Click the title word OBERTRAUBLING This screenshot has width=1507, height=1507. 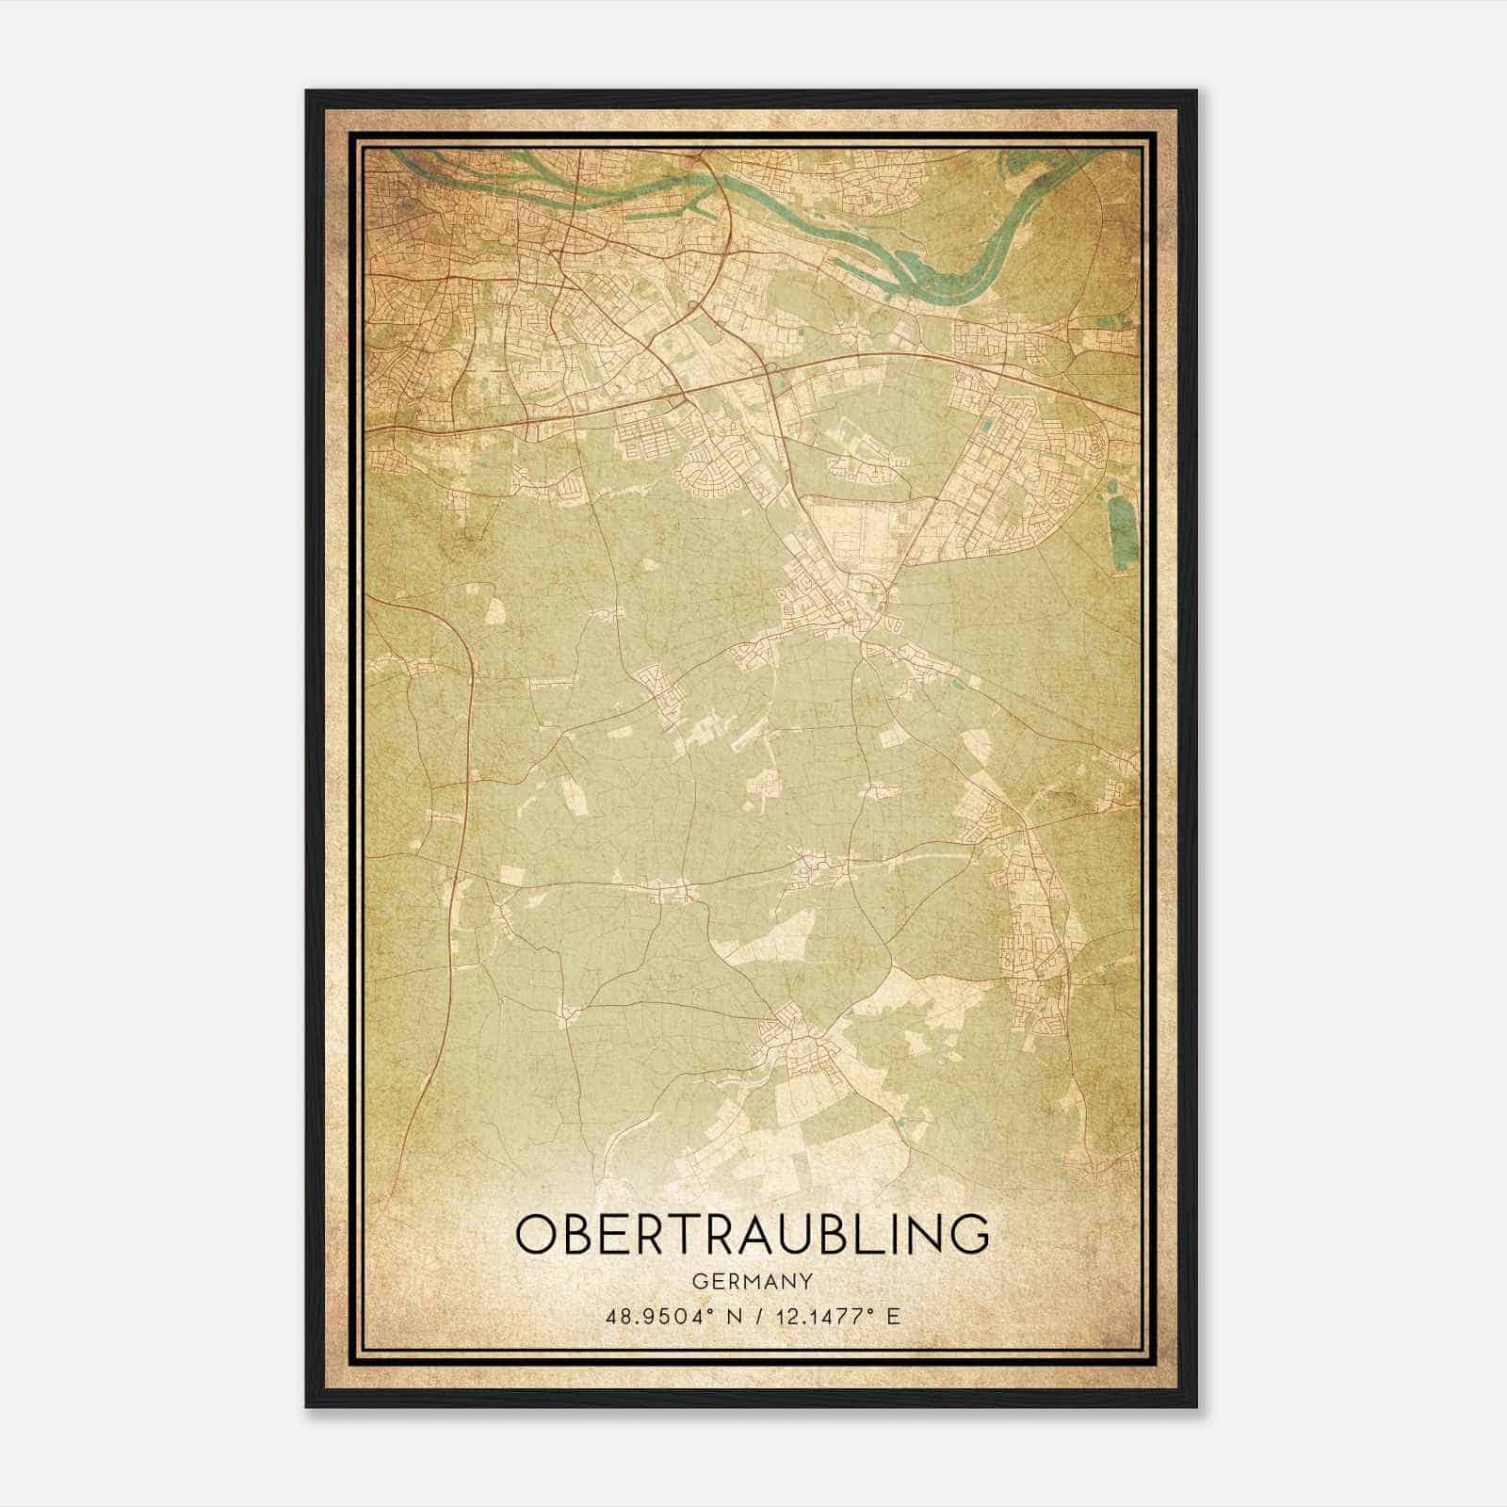click(x=753, y=1234)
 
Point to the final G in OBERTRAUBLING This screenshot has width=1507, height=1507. click(x=970, y=1234)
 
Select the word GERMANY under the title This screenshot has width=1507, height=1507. click(x=753, y=1281)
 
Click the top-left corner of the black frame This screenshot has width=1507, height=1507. click(x=308, y=92)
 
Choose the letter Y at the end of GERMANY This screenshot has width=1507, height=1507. click(x=807, y=1281)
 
